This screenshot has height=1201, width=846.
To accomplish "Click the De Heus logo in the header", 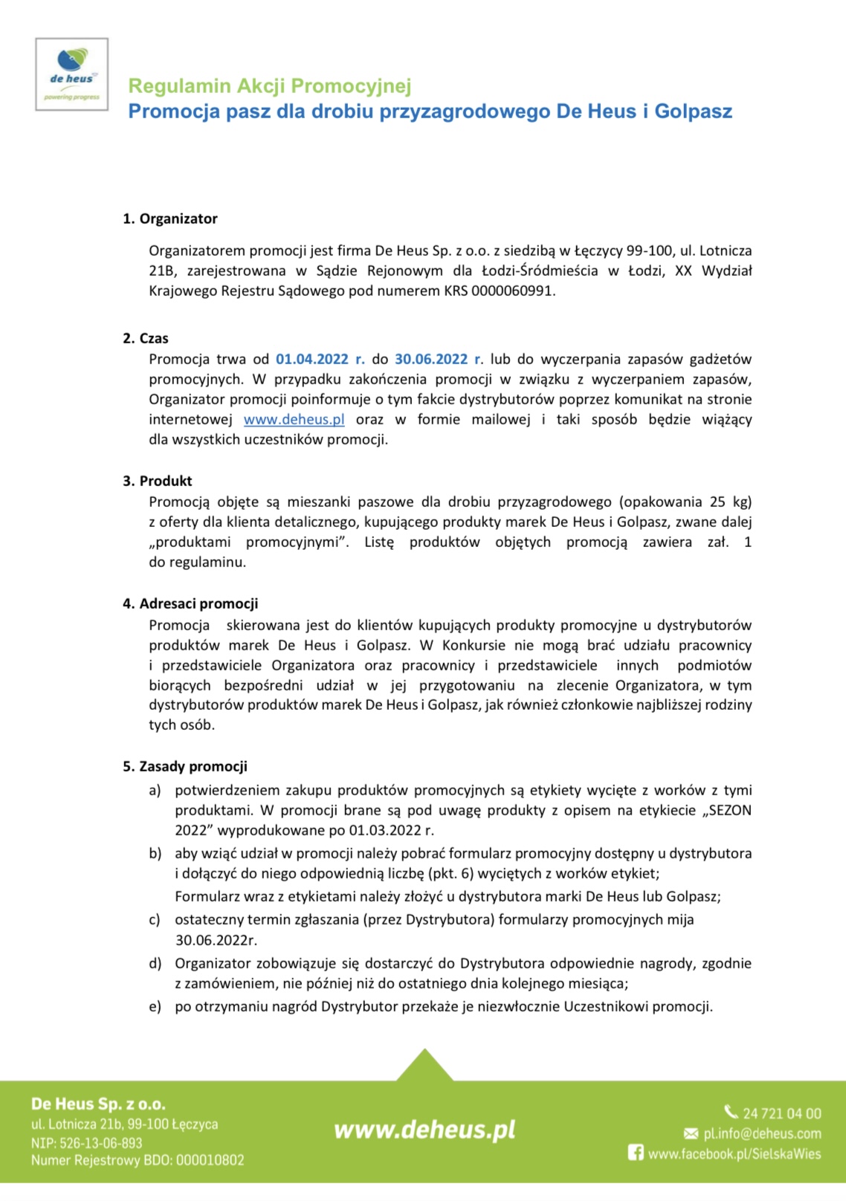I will click(x=72, y=75).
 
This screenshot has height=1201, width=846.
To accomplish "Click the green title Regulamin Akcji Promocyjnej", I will click(x=270, y=86).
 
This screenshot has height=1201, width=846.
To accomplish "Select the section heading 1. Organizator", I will click(x=170, y=218).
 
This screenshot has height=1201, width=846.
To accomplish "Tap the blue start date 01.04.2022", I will click(x=312, y=359).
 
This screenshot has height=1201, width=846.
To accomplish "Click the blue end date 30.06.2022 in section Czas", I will click(x=431, y=359).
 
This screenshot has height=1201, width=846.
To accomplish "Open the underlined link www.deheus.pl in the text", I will click(x=294, y=419).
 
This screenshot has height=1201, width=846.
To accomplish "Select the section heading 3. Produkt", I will click(x=158, y=481).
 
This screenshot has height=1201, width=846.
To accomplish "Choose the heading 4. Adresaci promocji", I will click(x=190, y=603).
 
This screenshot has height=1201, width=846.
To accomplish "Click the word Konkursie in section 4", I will click(x=474, y=645).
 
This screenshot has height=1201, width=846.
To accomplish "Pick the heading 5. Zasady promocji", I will click(x=185, y=766).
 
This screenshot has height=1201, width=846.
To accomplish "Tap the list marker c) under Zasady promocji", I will click(x=155, y=920).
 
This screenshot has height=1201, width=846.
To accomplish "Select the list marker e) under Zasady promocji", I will click(x=155, y=1007).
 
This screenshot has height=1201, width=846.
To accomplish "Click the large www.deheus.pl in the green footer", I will click(x=424, y=1130).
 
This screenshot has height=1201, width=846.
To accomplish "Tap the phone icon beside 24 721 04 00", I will click(x=732, y=1112).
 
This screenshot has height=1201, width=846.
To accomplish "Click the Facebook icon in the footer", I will click(x=636, y=1153).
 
